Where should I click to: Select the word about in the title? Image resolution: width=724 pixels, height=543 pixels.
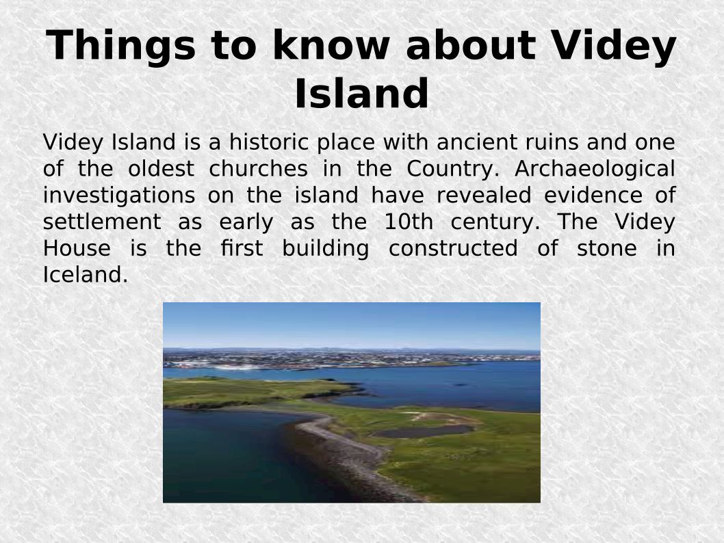(x=471, y=45)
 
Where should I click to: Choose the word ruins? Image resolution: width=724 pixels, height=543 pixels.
(x=552, y=142)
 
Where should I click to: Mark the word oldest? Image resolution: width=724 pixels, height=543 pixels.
(x=161, y=168)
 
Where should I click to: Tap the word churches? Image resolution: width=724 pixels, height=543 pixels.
(x=258, y=168)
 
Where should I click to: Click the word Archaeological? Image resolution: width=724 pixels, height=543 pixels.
(x=595, y=170)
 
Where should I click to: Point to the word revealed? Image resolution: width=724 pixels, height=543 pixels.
(x=483, y=195)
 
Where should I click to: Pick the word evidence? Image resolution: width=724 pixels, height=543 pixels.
(x=593, y=195)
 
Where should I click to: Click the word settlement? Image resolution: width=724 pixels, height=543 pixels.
(x=102, y=222)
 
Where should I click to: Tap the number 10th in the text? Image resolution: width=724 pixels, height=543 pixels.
(x=408, y=222)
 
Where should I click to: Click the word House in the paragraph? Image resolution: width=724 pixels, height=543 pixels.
(x=77, y=248)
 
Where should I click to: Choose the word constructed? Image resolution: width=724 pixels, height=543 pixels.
(x=453, y=248)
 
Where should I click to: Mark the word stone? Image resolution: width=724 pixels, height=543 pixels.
(x=607, y=248)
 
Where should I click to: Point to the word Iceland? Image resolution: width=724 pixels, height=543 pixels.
(x=85, y=275)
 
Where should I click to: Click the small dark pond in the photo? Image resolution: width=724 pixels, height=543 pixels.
(x=421, y=432)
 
